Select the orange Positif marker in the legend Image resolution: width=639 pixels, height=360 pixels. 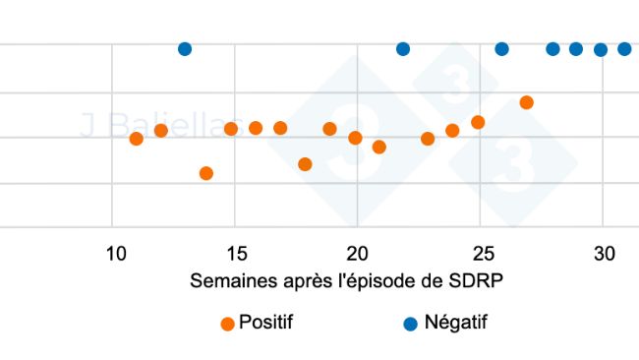coord(227,323)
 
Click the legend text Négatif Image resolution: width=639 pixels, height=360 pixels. coord(455,322)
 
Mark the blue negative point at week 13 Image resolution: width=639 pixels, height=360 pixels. coord(185,49)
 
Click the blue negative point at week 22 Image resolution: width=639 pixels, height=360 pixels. coord(403,49)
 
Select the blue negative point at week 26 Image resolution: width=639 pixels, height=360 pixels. coord(501,49)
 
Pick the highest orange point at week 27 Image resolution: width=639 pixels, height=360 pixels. coord(526,102)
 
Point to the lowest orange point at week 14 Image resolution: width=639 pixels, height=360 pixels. coord(206,173)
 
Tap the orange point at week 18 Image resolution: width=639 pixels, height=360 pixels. coord(305,164)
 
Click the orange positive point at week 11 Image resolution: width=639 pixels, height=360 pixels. coord(137,139)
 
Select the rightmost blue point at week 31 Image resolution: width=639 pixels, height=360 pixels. coord(624,49)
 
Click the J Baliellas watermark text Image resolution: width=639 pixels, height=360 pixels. coord(147,125)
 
